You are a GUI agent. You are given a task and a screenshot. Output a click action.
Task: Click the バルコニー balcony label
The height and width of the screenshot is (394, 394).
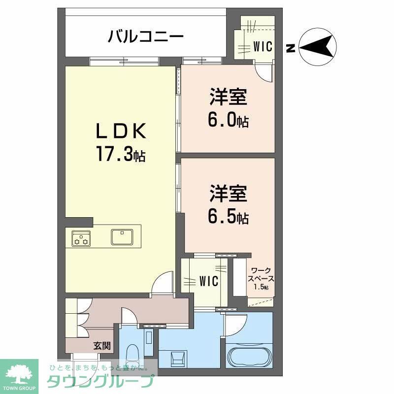[146, 36]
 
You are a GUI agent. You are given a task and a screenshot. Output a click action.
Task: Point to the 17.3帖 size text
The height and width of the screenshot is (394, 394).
[121, 155]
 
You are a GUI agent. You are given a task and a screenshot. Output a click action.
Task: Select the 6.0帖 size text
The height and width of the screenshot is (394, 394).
[228, 120]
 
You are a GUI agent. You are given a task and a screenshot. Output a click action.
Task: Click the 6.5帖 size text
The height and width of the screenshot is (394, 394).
[228, 215]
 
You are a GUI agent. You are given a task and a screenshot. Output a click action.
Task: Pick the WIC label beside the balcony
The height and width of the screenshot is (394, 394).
[263, 47]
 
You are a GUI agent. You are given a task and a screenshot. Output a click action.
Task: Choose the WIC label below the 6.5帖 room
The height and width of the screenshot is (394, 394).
[209, 282]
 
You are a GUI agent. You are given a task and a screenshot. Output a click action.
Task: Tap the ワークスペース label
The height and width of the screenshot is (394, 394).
[262, 278]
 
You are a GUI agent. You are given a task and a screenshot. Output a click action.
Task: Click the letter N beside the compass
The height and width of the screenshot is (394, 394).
[291, 48]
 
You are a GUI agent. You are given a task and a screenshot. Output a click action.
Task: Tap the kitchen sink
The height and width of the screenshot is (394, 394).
[121, 236]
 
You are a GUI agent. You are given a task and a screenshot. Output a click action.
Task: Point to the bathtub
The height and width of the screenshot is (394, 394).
[249, 356]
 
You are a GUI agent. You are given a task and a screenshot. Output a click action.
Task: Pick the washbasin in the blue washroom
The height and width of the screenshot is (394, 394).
[176, 358]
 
